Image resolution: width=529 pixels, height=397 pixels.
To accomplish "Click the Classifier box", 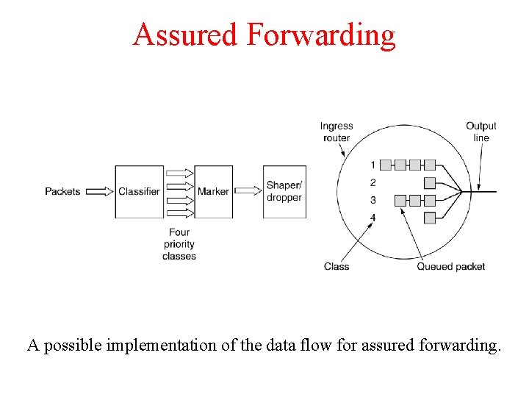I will (139, 191).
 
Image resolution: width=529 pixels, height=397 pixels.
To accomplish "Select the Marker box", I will (213, 191).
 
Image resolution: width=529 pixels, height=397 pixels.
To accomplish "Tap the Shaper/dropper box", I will (284, 191).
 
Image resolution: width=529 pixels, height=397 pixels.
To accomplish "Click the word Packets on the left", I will (62, 191).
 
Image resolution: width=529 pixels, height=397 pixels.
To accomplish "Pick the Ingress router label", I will (337, 132).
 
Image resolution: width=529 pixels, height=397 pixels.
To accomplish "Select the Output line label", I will (481, 132).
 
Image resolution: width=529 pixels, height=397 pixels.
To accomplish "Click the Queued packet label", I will (451, 266).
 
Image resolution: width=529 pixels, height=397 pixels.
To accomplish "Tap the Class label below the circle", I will (337, 266).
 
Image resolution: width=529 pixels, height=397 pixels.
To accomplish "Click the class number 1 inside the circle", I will (373, 165).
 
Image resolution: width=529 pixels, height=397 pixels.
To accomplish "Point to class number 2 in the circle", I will (373, 182).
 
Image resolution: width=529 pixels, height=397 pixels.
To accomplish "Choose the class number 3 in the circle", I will (373, 200).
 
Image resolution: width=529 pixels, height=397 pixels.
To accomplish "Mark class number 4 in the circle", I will (373, 218).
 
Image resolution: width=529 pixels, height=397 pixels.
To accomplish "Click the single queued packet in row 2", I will (430, 182).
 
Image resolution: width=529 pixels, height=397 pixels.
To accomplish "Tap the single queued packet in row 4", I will (430, 218).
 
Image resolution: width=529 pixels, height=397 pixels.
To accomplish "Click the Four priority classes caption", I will (179, 245).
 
